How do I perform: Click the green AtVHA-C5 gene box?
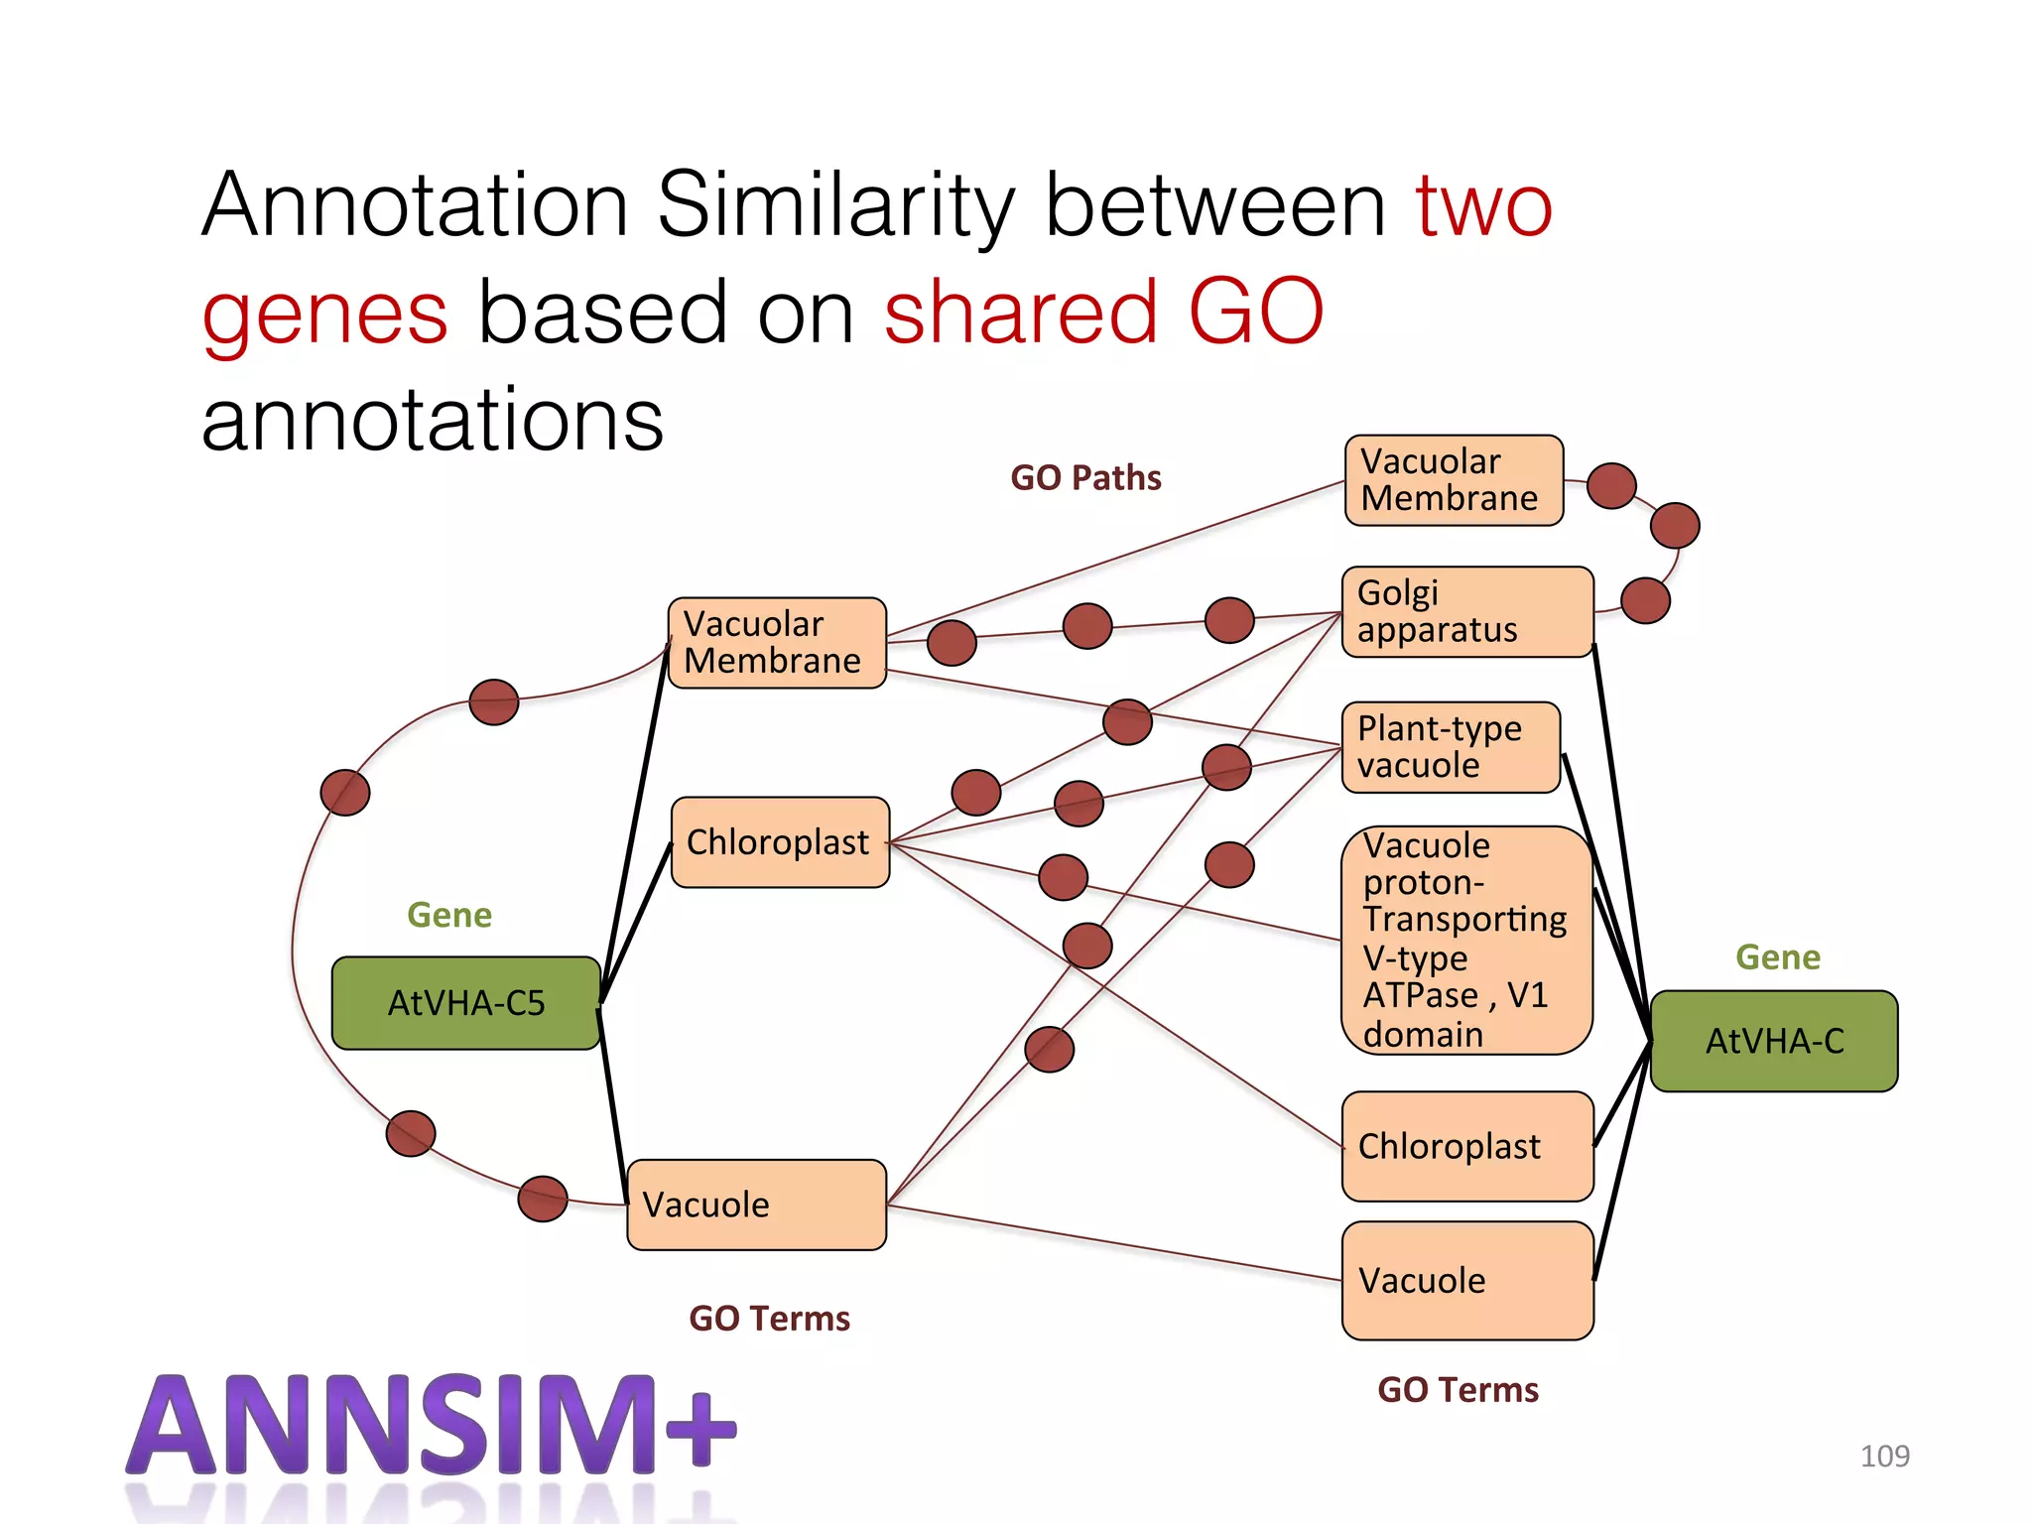(465, 1003)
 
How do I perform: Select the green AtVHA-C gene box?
(1774, 1041)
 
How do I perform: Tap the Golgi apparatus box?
(1466, 611)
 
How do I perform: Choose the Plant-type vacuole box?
(1451, 747)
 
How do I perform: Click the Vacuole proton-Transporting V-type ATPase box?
(1465, 940)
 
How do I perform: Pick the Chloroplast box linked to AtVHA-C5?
(779, 842)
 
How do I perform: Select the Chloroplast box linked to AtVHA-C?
(1466, 1146)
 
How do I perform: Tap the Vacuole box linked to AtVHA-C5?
(756, 1205)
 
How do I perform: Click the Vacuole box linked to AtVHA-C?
(1466, 1280)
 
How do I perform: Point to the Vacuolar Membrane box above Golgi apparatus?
(1454, 480)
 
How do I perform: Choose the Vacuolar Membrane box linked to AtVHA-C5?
(776, 643)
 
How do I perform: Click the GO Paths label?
(1085, 478)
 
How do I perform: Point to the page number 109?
(1884, 1456)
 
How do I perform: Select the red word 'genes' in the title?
(324, 313)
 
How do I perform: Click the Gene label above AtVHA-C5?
(448, 915)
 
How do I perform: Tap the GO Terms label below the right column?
(1458, 1390)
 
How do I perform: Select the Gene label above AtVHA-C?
(1777, 957)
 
